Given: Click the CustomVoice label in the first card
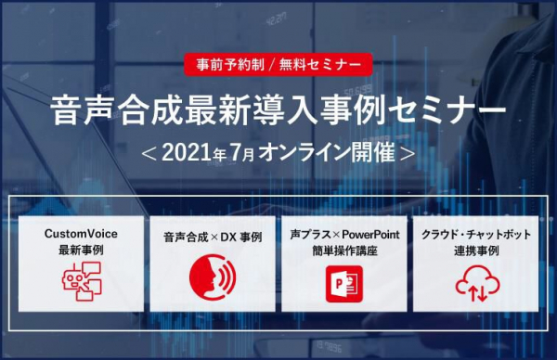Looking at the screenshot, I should [x=82, y=234].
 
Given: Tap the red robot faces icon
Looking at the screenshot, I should [x=82, y=280].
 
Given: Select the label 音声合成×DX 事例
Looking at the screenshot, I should [x=214, y=237].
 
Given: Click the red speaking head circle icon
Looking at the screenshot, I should [x=214, y=280].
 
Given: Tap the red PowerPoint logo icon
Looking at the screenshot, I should [x=344, y=281].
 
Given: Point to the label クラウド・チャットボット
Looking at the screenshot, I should [x=475, y=235].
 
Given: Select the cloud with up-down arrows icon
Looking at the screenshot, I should [x=476, y=281].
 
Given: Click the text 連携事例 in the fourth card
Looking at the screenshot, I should [x=475, y=251].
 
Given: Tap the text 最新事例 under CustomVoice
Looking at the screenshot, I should [x=82, y=251].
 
